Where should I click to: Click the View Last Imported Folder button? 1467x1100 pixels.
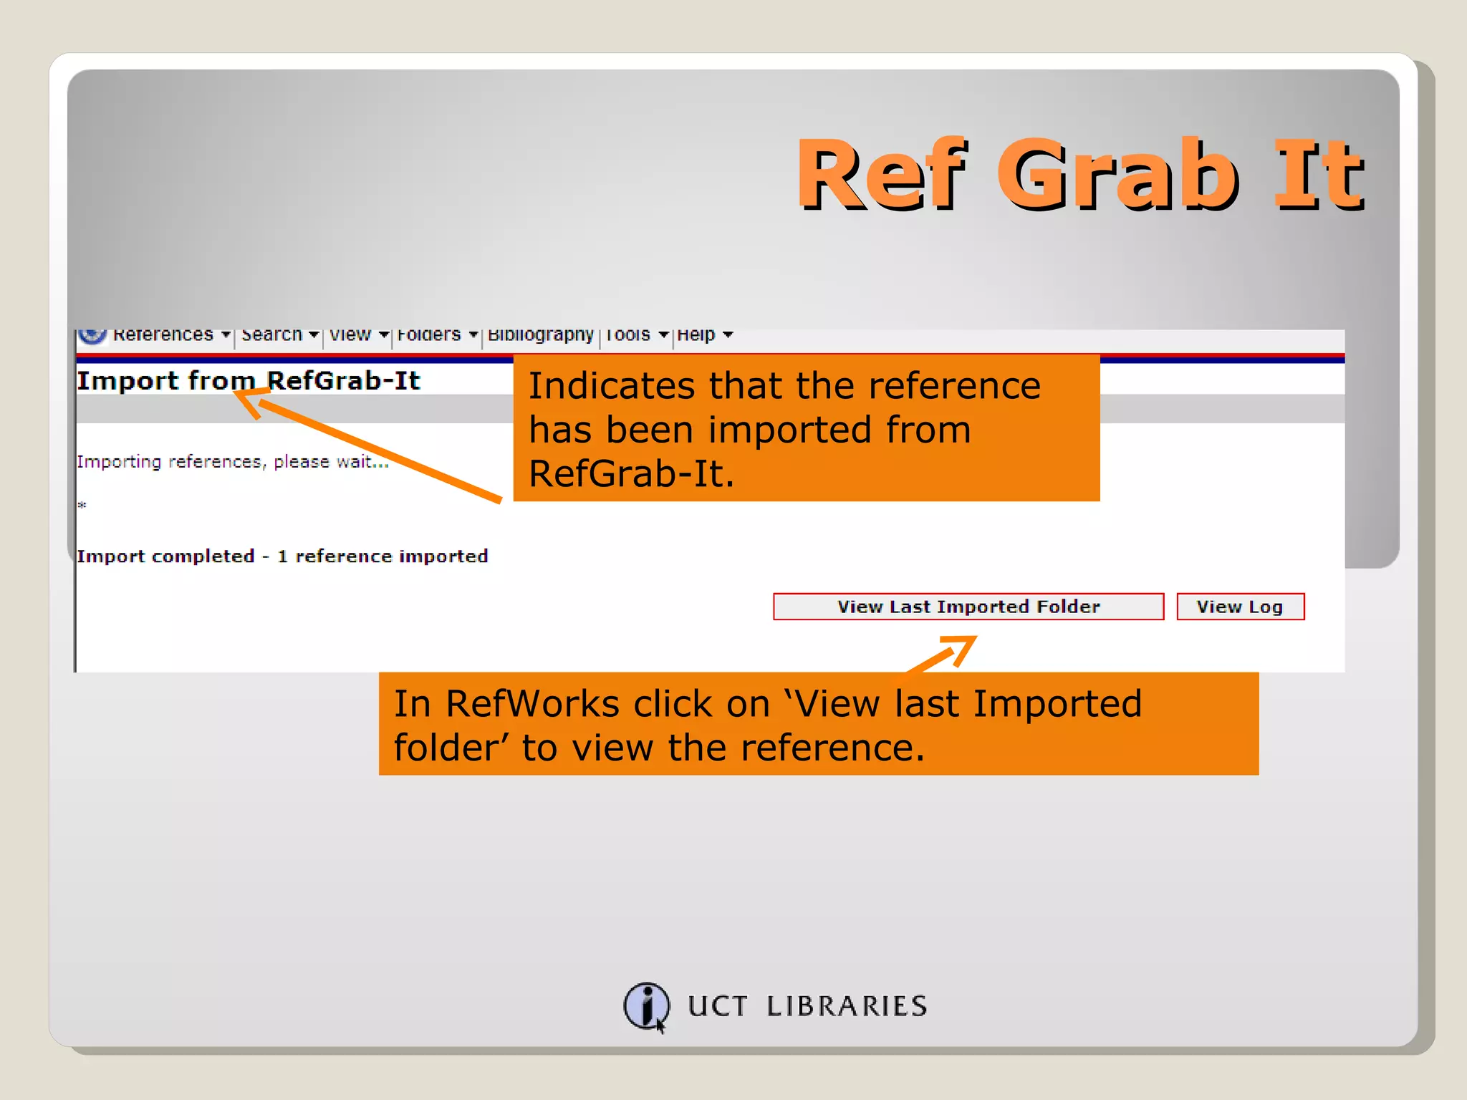(968, 607)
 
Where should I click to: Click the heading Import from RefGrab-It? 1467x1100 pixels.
(248, 380)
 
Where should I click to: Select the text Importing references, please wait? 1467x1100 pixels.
(232, 462)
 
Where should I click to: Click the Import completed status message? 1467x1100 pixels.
(282, 556)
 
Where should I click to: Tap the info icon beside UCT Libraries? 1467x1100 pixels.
(646, 1005)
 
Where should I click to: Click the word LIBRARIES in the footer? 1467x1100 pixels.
(847, 1006)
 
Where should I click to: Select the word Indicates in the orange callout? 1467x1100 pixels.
(611, 386)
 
